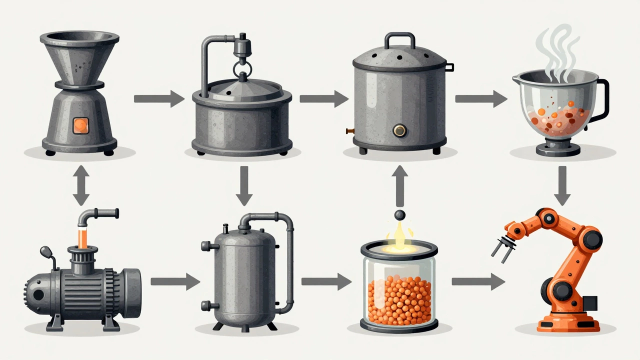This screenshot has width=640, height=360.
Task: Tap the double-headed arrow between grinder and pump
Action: pos(81,185)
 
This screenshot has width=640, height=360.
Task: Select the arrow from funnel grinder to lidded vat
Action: pos(159,98)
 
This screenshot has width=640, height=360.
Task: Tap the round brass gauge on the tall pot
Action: pos(399,131)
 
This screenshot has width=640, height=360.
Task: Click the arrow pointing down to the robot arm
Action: pos(562,185)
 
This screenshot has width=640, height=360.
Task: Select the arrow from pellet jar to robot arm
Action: pos(477,281)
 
